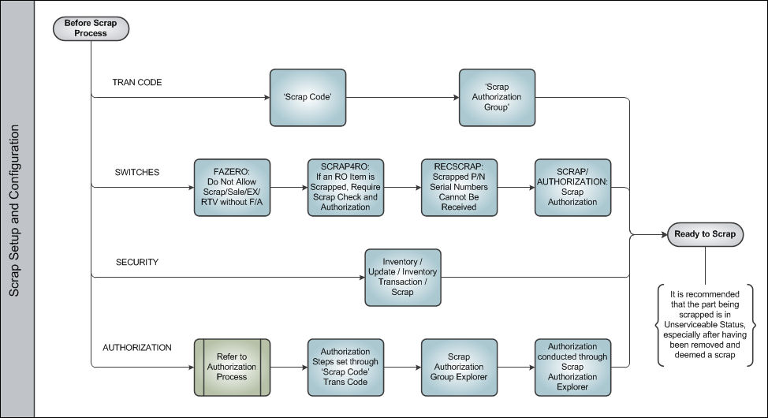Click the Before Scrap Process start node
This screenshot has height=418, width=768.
click(x=91, y=28)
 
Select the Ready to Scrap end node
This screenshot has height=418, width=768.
click(x=705, y=234)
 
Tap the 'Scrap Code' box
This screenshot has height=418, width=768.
click(x=308, y=98)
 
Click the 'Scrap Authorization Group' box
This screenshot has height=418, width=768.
click(x=497, y=98)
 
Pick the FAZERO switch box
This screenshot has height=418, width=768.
click(x=232, y=187)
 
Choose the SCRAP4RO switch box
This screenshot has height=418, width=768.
click(x=345, y=187)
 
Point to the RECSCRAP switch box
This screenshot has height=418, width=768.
click(x=459, y=187)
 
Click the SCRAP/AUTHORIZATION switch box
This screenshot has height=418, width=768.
click(x=572, y=187)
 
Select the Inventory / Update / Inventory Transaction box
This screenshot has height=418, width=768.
click(x=403, y=278)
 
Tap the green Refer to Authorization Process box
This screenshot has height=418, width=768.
click(x=232, y=367)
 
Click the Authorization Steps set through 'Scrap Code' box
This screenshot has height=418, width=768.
click(x=345, y=367)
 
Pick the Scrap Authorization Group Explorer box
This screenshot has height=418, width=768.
click(x=459, y=367)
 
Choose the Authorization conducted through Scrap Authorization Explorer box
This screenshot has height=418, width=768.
click(x=572, y=367)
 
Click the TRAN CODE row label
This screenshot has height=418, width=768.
click(x=137, y=82)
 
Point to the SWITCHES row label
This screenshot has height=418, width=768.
click(x=137, y=172)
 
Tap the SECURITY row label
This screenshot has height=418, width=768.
click(x=137, y=262)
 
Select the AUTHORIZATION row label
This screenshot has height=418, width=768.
click(x=137, y=348)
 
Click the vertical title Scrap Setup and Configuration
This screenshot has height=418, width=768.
click(x=14, y=211)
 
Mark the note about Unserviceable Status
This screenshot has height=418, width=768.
click(x=705, y=324)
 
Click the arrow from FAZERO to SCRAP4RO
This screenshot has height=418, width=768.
click(x=289, y=187)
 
